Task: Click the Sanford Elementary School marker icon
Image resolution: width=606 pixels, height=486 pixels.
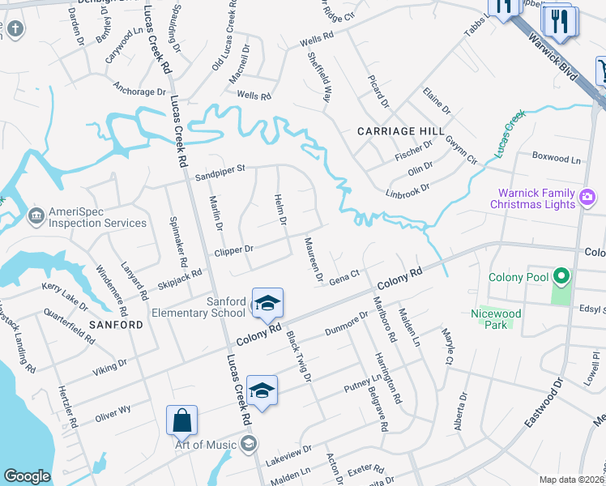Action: click(x=267, y=304)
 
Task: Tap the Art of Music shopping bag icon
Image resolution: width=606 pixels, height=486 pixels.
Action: click(x=181, y=421)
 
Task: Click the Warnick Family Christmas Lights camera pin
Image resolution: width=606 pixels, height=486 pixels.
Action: click(x=588, y=195)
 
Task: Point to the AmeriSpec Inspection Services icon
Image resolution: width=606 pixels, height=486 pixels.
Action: click(x=36, y=215)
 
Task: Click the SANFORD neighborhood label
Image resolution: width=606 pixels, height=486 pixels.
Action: click(x=116, y=325)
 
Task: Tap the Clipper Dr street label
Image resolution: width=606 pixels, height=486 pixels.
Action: click(x=234, y=250)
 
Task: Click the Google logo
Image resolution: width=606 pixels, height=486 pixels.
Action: click(x=28, y=476)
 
